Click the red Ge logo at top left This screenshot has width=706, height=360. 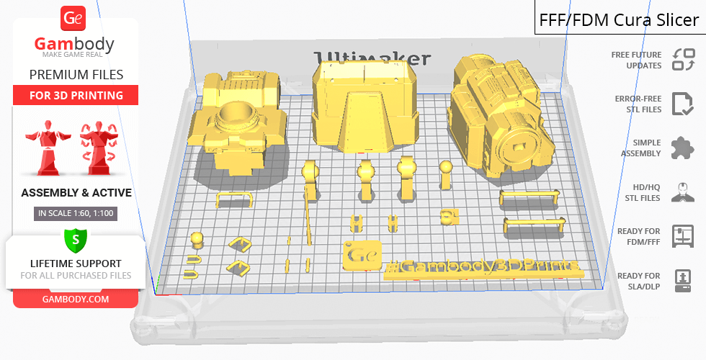[x=73, y=18]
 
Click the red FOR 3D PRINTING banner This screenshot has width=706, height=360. [x=76, y=95]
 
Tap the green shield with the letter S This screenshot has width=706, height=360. [x=76, y=240]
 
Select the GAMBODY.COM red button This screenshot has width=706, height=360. [x=76, y=300]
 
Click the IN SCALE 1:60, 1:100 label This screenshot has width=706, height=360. [x=76, y=213]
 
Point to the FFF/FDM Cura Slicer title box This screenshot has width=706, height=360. [x=620, y=18]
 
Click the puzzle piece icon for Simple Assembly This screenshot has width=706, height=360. [x=682, y=148]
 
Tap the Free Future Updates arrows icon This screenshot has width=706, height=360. [x=684, y=60]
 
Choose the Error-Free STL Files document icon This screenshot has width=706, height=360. [x=682, y=104]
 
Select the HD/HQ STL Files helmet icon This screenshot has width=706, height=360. [x=683, y=192]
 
